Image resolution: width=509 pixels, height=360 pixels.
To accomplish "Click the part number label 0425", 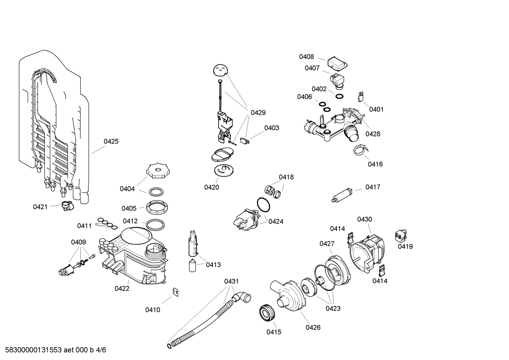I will pos(111,141).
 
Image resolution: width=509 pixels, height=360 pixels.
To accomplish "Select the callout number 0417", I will pos(372,187).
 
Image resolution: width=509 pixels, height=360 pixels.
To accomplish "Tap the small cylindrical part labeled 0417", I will pos(342,195).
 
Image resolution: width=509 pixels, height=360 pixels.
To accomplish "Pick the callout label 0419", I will pos(405,246).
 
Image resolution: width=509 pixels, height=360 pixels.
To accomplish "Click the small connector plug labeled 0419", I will pos(401,235).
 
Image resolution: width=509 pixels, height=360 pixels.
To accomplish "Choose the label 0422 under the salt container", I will pos(122,288).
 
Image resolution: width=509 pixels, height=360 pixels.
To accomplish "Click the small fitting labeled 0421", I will pos(66,205).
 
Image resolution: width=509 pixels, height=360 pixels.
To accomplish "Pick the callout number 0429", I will pos(258,113).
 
